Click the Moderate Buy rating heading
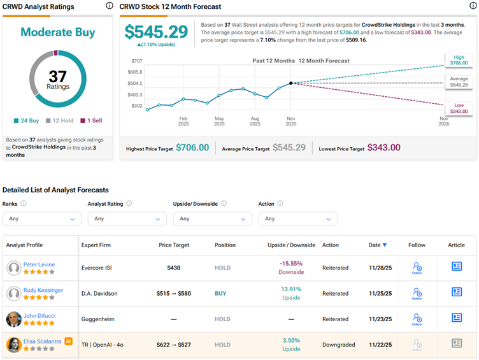(58, 32)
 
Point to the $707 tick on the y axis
(136, 61)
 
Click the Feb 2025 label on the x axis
(183, 122)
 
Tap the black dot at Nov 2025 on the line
(291, 83)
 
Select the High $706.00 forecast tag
(459, 61)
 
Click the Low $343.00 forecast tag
(459, 108)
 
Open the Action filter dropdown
(297, 219)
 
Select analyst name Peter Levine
(39, 264)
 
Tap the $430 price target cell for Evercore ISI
(173, 268)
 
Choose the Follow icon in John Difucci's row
(417, 318)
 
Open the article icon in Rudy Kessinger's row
(456, 292)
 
